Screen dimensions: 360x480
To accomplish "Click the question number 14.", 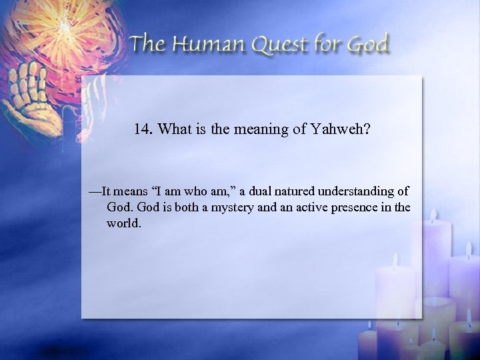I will pos(143,130).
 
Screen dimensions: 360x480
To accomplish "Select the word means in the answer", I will pos(131,191).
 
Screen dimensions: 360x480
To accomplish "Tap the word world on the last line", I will pos(123,223).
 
